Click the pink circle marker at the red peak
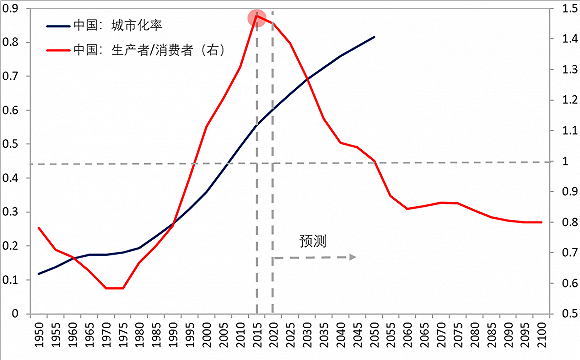click(x=256, y=17)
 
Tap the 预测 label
click(x=313, y=241)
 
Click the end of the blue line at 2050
click(x=374, y=37)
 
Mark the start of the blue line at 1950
click(x=39, y=274)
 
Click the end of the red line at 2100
click(x=541, y=222)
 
